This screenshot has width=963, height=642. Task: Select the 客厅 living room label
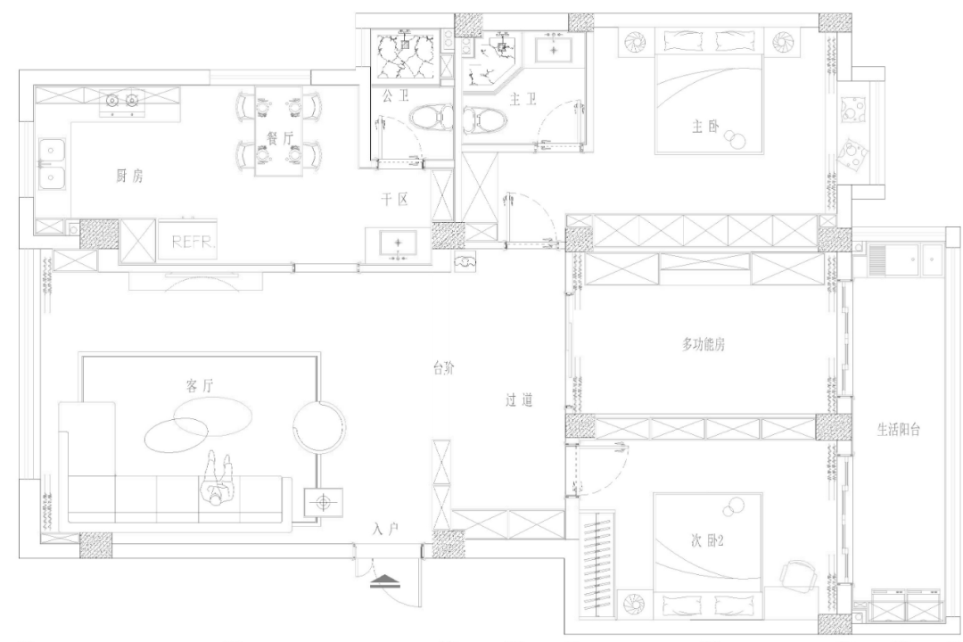[203, 386]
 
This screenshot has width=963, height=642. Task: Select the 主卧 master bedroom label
[704, 127]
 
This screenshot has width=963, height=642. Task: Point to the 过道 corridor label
[519, 401]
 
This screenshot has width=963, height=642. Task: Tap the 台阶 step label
[443, 368]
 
